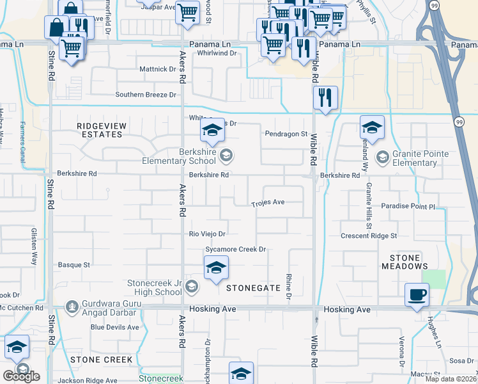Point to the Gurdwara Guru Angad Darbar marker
coord(72,307)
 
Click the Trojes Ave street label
coord(268,202)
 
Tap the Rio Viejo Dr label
coord(208,234)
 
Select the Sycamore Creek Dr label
coord(235,250)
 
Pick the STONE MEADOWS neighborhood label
coord(405,261)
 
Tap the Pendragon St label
coord(287,134)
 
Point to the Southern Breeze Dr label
coord(145,95)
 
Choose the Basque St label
coord(74,264)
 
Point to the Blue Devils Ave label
coord(114,327)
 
